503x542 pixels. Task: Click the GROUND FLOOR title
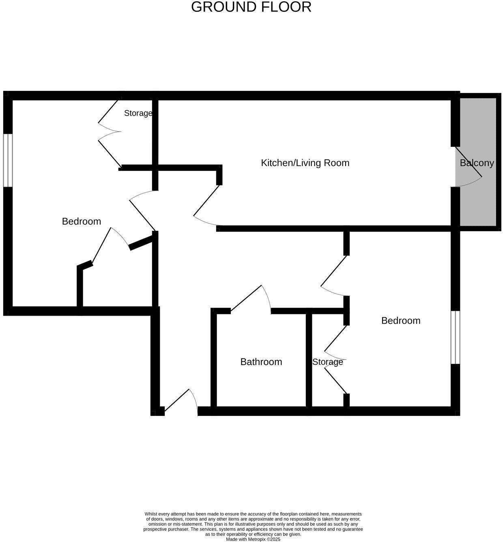(251, 7)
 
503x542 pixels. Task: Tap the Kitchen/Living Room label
(305, 163)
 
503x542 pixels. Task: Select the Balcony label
(477, 163)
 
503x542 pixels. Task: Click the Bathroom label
(261, 362)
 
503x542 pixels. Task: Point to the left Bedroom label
(82, 222)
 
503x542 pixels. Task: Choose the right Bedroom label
(401, 321)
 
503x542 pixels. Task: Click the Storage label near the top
(138, 113)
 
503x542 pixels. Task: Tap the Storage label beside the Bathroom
(327, 362)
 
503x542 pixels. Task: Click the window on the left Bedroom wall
(8, 160)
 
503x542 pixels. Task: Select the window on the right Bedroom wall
(456, 338)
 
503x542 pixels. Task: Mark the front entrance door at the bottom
(181, 402)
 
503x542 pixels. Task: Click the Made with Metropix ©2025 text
(253, 539)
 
